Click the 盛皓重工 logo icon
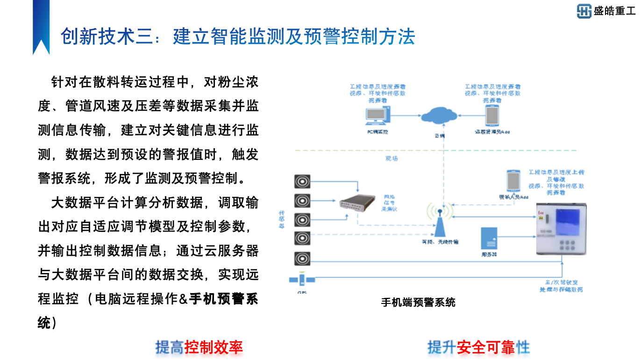(584, 11)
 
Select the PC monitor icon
(377, 115)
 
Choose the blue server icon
(489, 238)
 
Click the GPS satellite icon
(302, 280)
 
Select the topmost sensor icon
(302, 181)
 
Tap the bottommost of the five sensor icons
(302, 258)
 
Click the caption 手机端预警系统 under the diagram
(418, 302)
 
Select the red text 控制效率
(214, 347)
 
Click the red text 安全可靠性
(493, 347)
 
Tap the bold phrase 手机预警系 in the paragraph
(223, 298)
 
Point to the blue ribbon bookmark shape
(41, 26)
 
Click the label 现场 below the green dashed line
(392, 158)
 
